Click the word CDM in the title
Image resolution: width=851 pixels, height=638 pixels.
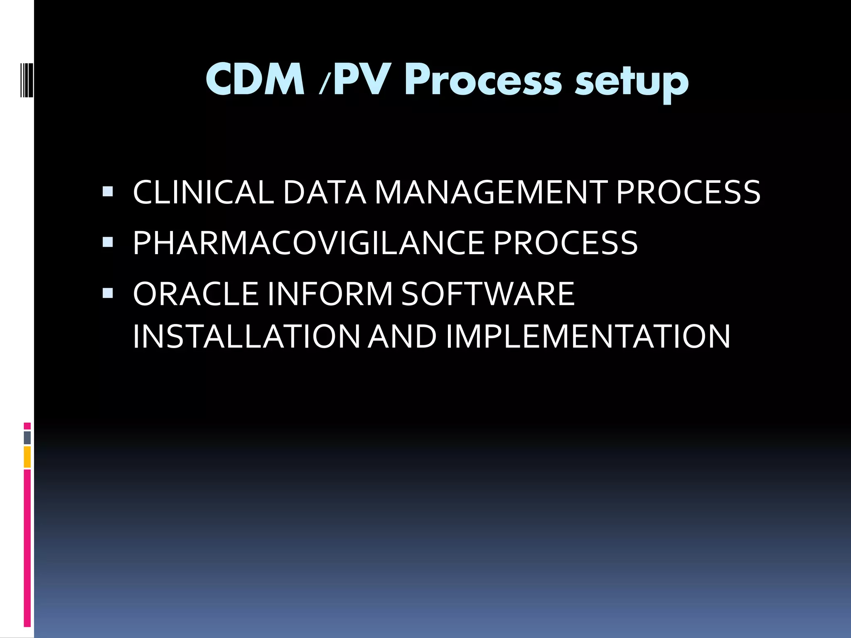click(255, 80)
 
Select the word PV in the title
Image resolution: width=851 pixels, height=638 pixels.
click(362, 80)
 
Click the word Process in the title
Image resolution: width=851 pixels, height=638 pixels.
click(484, 81)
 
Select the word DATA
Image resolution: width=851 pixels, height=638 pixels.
click(324, 193)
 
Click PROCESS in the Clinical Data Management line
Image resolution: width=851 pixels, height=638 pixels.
click(688, 193)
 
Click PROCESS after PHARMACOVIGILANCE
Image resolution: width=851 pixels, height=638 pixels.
click(566, 243)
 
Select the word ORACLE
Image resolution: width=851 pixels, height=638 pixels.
click(195, 294)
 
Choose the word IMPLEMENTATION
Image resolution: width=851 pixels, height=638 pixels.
click(588, 336)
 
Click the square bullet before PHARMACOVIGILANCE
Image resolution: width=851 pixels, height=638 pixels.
click(108, 242)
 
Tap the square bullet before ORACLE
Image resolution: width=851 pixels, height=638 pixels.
click(108, 293)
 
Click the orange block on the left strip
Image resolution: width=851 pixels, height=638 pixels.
click(27, 457)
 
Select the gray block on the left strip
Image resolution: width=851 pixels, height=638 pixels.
click(27, 438)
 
